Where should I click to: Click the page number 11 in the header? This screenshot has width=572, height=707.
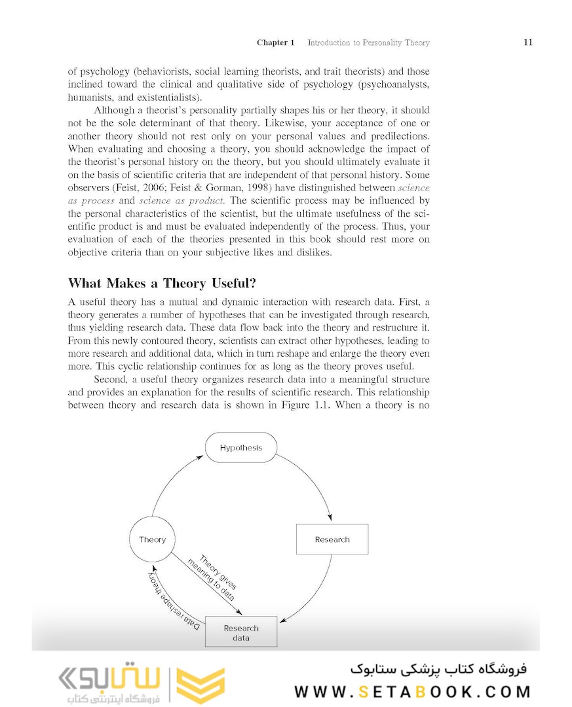527,43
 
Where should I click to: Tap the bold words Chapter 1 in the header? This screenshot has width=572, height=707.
276,43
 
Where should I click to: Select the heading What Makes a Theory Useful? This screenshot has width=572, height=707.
162,283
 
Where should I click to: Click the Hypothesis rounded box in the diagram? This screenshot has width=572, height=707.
241,448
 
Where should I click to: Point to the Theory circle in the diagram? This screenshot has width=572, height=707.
153,539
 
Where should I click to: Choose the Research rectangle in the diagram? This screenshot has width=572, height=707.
332,539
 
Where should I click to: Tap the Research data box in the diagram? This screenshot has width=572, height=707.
241,632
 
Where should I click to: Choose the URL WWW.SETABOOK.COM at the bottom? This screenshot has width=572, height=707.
412,692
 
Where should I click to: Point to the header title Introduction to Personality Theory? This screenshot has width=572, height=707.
368,43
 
